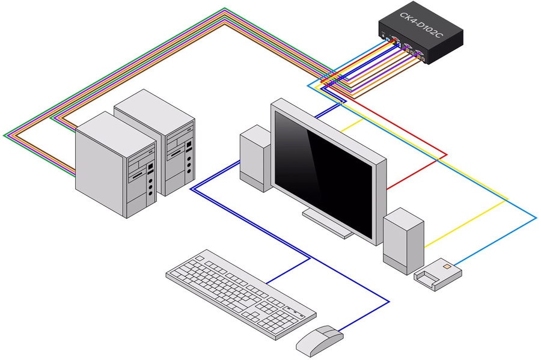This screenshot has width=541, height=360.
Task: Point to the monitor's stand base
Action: click(x=328, y=224)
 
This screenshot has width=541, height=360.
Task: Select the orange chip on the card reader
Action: click(x=446, y=264)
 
